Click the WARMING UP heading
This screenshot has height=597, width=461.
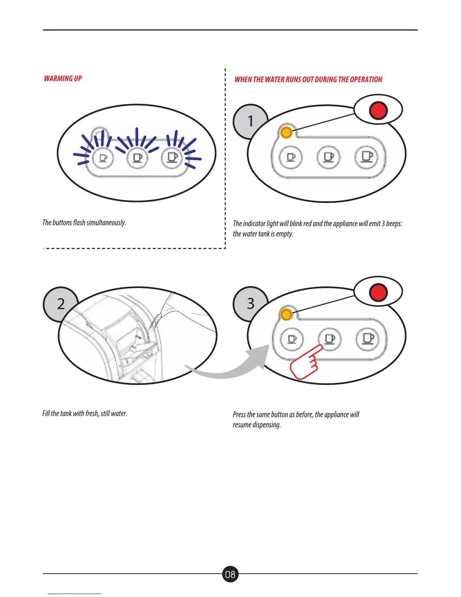[63, 78]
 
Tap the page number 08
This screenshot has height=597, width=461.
[230, 574]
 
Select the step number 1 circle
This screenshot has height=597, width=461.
[250, 121]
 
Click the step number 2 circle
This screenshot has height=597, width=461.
[60, 304]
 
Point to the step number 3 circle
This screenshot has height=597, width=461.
[250, 304]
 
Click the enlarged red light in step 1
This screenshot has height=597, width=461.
[378, 110]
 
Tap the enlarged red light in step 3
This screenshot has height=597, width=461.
[378, 292]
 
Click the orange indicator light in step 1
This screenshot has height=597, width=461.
[286, 132]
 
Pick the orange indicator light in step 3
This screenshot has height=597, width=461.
[286, 314]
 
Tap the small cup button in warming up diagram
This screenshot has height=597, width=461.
[103, 157]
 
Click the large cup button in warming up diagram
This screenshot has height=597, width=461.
[172, 157]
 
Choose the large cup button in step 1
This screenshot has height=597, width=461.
[367, 156]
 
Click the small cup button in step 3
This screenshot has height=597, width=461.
[292, 339]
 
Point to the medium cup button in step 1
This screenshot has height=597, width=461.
[329, 156]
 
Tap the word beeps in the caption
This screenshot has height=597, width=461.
[394, 223]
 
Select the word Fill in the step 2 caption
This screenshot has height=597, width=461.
[46, 413]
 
